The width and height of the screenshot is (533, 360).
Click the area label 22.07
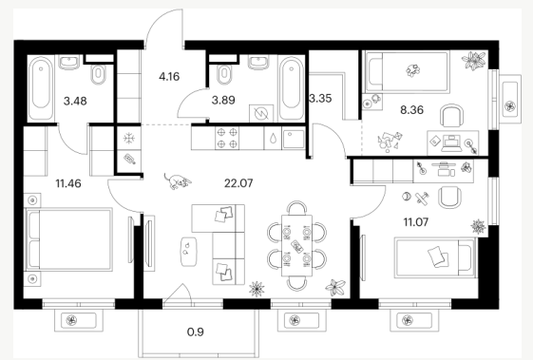click(x=238, y=183)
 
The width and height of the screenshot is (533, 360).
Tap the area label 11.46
click(x=68, y=183)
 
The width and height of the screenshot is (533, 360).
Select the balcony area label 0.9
click(x=196, y=332)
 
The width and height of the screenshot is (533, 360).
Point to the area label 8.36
click(x=411, y=110)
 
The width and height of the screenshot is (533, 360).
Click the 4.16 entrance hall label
click(x=169, y=77)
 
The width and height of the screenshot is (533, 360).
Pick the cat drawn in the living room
click(x=178, y=180)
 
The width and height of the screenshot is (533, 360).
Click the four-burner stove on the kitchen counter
click(x=227, y=138)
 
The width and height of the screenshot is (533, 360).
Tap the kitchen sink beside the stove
click(x=294, y=138)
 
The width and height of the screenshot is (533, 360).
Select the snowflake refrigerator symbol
click(x=129, y=138)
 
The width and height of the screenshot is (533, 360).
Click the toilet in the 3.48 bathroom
click(x=99, y=74)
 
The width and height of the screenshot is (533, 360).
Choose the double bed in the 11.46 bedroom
click(x=69, y=239)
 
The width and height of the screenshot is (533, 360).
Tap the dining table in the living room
click(x=296, y=245)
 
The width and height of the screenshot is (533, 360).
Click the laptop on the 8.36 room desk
click(x=451, y=143)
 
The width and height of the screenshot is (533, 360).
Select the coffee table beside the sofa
click(x=189, y=252)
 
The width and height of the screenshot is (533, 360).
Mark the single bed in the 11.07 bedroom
click(x=435, y=257)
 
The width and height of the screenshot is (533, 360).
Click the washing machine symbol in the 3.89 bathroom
click(x=261, y=113)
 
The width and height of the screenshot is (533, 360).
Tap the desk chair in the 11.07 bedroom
click(x=449, y=198)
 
